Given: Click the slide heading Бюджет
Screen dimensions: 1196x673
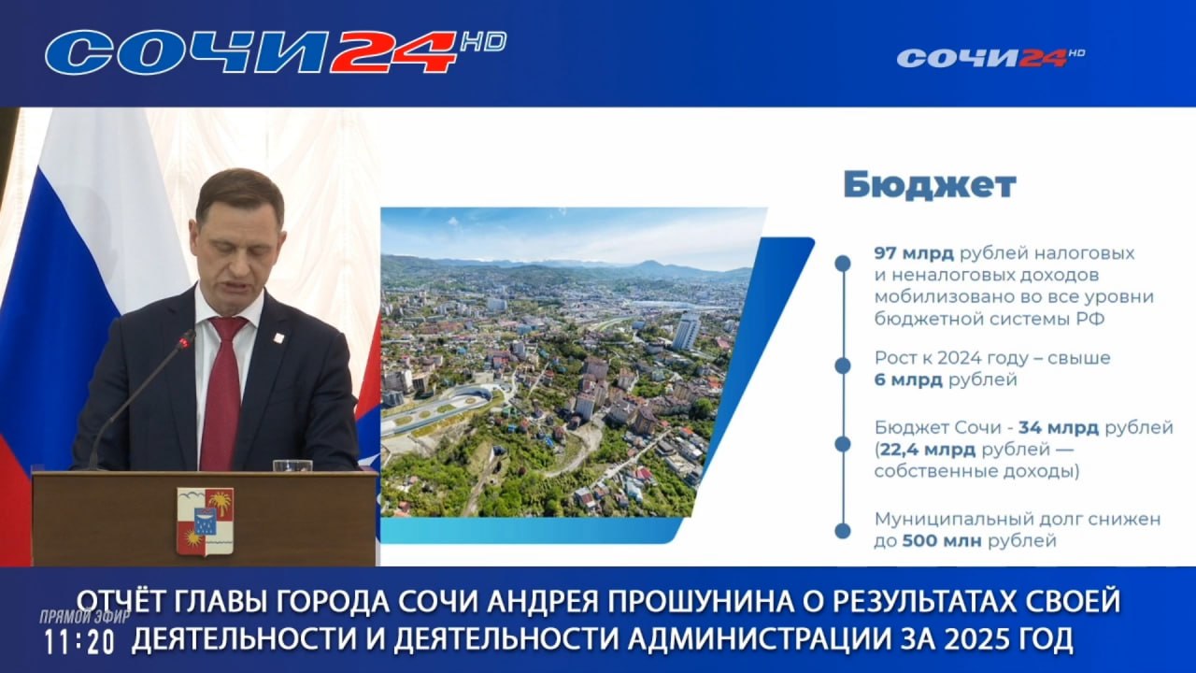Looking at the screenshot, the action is tap(930, 185).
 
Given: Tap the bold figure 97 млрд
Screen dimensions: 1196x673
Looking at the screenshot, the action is tap(914, 253).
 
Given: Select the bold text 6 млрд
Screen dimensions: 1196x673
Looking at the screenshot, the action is tap(908, 380).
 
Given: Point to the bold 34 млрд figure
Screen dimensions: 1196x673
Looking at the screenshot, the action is tap(1059, 428).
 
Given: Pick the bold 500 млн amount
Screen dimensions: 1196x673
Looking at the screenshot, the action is tap(942, 541).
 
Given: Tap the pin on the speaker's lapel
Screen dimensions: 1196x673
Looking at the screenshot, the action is tap(278, 337).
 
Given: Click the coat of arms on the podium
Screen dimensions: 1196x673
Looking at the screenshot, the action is tap(205, 522).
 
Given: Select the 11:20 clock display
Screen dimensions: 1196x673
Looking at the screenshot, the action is tap(79, 642).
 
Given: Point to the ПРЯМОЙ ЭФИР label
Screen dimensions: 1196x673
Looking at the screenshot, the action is tap(85, 617).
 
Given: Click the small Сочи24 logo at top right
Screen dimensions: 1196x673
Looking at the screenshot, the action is tap(991, 58).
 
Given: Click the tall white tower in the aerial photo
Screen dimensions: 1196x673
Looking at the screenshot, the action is tap(686, 331).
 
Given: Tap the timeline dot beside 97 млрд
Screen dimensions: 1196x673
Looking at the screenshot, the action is tap(843, 263).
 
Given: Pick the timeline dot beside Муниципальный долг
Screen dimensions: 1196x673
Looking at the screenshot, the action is tap(843, 531).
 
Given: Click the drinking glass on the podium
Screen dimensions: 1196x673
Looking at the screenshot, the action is tap(292, 465).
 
